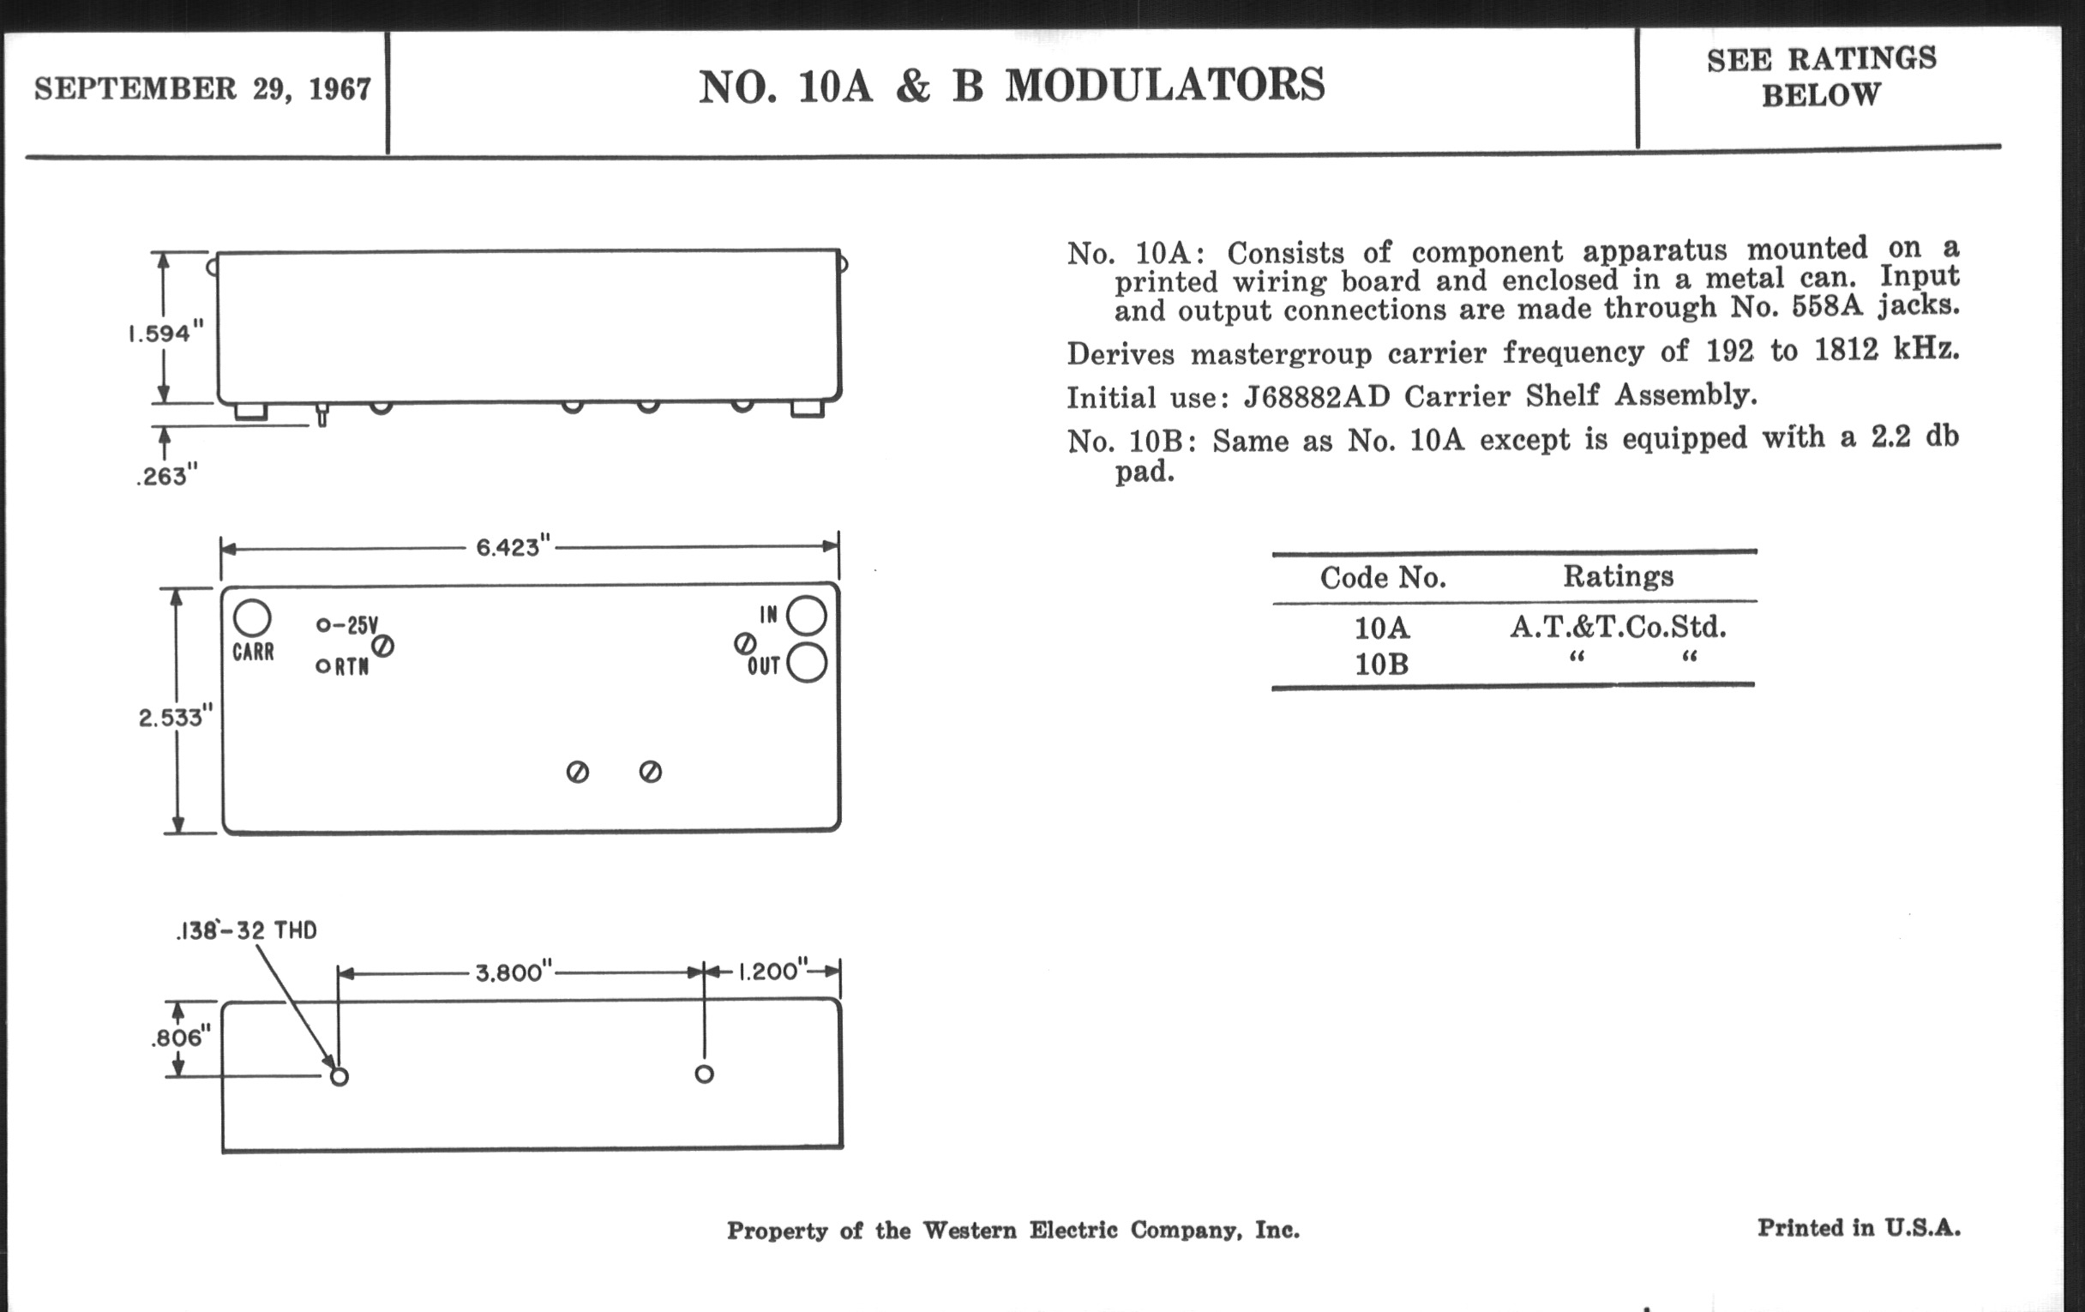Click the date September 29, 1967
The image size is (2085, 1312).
click(x=202, y=89)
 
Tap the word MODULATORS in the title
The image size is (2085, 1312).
click(x=1164, y=86)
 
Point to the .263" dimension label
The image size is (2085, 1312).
click(x=167, y=475)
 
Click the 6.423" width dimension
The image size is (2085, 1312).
click(x=514, y=547)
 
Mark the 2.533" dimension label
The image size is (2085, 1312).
click(x=175, y=717)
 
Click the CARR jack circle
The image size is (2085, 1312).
click(x=252, y=618)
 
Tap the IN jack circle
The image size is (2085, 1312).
click(x=806, y=616)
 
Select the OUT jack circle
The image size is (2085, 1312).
click(x=807, y=664)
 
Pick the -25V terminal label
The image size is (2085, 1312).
click(x=355, y=624)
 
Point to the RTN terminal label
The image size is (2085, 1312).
click(x=352, y=666)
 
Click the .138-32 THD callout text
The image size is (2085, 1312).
click(x=247, y=931)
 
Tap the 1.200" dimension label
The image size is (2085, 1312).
click(x=773, y=971)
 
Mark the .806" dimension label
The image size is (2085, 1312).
click(x=181, y=1038)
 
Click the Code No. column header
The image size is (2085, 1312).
click(x=1383, y=578)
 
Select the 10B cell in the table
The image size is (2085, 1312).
click(x=1381, y=665)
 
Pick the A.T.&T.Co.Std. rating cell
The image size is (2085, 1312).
click(x=1618, y=626)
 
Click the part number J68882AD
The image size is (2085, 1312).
click(x=1316, y=397)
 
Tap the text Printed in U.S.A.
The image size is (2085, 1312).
click(x=1858, y=1228)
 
